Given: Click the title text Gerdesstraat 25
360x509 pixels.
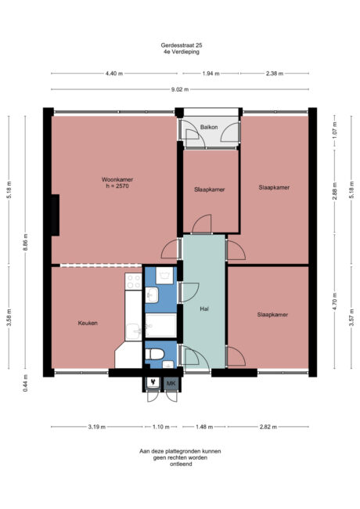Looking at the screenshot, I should [x=180, y=45].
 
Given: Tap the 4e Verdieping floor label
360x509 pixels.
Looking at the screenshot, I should [x=180, y=52].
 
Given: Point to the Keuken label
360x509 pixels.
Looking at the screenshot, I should [x=88, y=323].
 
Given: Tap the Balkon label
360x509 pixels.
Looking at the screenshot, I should [x=209, y=126].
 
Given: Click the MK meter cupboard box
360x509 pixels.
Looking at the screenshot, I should [x=171, y=383].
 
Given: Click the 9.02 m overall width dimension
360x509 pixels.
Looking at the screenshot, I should [x=180, y=89].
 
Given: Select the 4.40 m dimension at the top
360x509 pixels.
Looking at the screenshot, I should [x=114, y=74].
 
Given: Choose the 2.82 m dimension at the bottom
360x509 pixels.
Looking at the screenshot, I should [x=274, y=427].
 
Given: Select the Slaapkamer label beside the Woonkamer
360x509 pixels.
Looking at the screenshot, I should [x=210, y=189].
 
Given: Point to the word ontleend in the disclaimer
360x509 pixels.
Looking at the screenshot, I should [x=180, y=464].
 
